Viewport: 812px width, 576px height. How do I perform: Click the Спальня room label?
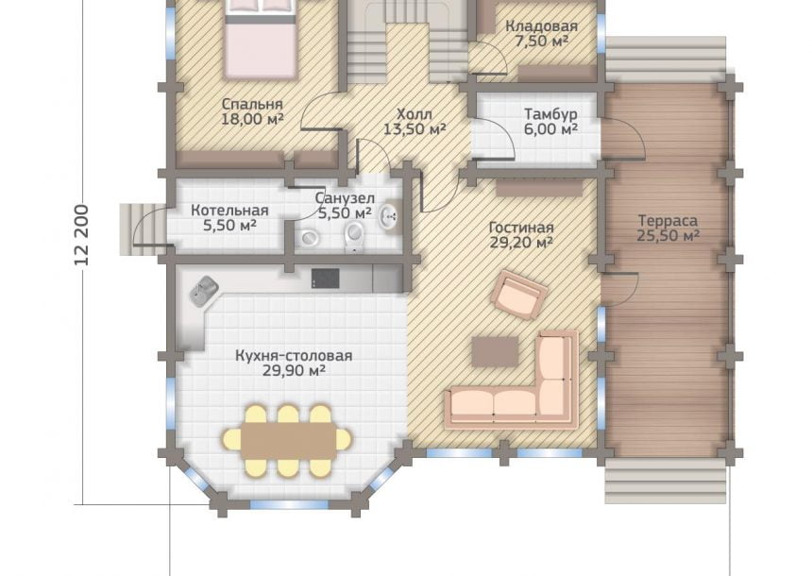252,104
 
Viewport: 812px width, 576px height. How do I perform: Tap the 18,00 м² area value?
252,119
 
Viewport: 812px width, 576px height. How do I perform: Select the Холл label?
414,114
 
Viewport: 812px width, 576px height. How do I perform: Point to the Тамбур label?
550,114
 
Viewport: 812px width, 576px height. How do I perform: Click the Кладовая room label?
541,25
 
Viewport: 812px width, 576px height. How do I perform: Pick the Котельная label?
229,211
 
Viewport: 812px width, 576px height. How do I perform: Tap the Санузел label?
345,198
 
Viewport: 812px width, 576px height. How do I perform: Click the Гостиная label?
521,228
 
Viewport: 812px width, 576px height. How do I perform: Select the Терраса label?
668,221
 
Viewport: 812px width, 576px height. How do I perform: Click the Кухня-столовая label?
294,356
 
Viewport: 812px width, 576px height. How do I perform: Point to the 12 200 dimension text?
82,235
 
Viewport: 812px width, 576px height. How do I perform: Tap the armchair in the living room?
519,295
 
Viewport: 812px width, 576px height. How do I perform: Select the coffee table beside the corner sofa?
495,351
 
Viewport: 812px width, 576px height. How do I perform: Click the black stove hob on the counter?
325,279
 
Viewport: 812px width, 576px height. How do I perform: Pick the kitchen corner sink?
204,291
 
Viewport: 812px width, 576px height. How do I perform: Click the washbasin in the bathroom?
388,215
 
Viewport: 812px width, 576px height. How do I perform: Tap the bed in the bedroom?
261,39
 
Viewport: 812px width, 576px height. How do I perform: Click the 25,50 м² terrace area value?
668,236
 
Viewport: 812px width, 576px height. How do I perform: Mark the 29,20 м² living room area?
521,243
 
